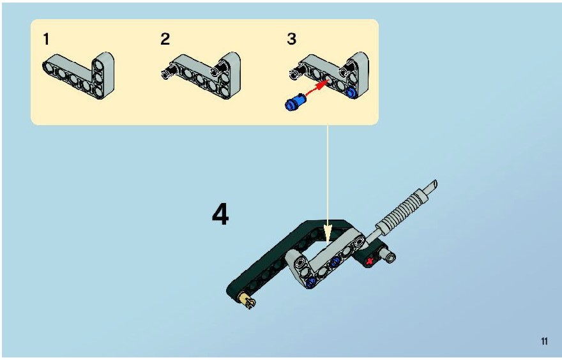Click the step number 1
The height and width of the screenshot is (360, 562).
tap(46, 39)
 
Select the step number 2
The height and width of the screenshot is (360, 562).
tap(165, 39)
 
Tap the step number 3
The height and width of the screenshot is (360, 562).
tap(292, 39)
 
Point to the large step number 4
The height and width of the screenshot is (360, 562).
tap(220, 214)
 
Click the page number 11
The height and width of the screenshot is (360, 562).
tap(544, 341)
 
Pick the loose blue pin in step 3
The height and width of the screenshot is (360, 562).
tap(294, 101)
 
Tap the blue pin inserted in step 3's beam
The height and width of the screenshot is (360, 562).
tap(351, 92)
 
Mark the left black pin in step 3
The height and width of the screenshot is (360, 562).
tap(296, 71)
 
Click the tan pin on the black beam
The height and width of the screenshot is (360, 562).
tap(248, 300)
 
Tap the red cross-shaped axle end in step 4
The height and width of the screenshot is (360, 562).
tap(370, 262)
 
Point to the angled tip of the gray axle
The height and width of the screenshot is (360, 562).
tap(434, 184)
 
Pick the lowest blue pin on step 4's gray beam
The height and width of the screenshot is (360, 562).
tap(310, 282)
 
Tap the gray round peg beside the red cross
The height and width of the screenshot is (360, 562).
tap(388, 255)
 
